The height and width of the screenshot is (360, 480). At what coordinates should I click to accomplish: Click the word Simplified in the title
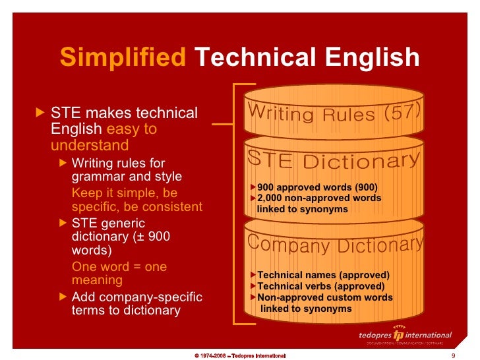click(x=123, y=58)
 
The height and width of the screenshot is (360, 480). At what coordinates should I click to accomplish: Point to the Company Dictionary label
click(x=335, y=245)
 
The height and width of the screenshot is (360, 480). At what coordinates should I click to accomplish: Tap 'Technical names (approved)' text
click(x=323, y=275)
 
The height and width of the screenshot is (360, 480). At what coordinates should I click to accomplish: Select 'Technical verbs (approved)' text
click(x=320, y=286)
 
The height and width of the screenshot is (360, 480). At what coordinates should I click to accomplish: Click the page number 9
click(x=453, y=355)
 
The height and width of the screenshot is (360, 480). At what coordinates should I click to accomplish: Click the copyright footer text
click(x=240, y=355)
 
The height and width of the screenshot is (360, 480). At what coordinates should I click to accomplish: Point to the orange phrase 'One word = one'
click(x=119, y=267)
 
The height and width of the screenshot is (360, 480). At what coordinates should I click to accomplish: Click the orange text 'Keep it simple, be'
click(x=124, y=193)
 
